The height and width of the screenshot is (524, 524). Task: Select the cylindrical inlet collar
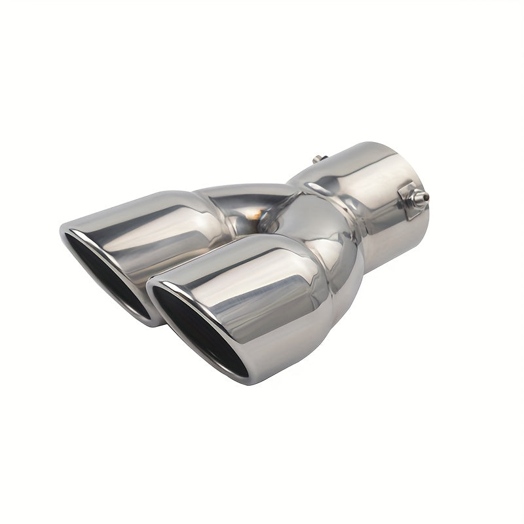373,196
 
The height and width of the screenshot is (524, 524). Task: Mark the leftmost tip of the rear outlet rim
60,231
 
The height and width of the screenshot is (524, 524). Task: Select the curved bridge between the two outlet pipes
236,196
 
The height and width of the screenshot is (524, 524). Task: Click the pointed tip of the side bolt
428,195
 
